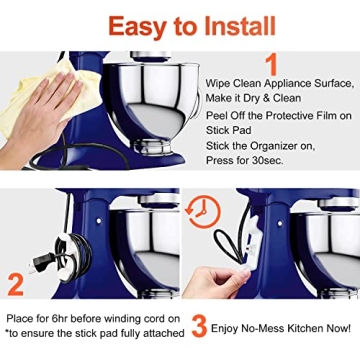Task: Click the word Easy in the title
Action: [x=138, y=24]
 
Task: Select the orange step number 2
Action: [x=14, y=282]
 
